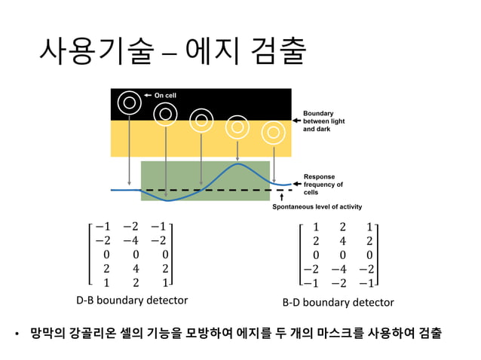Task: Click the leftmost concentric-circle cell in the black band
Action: tap(130, 102)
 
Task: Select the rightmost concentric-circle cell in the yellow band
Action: tap(273, 133)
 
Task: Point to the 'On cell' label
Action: tap(164, 96)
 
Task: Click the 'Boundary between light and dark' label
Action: tap(323, 121)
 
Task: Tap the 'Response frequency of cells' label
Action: tap(323, 184)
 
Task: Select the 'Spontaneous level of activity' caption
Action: tap(317, 206)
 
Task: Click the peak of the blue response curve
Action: tap(237, 163)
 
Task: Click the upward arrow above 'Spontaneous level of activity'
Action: tap(281, 198)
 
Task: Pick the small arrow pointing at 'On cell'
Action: tap(149, 96)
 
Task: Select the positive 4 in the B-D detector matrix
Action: tap(342, 241)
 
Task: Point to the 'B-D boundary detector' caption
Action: tap(338, 302)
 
